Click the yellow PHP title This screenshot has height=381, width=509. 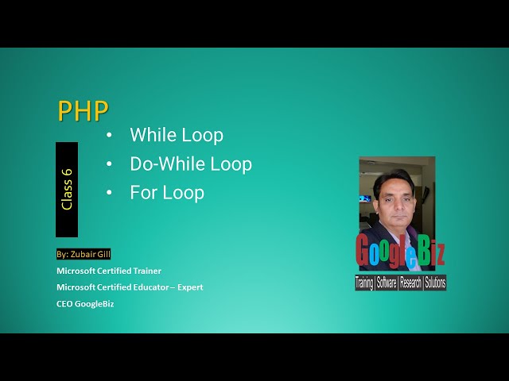click(83, 110)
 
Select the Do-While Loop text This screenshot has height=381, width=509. click(191, 164)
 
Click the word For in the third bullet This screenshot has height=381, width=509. click(144, 193)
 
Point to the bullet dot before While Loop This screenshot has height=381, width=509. click(109, 136)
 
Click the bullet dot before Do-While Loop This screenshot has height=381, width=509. click(109, 165)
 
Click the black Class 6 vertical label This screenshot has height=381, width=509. click(67, 189)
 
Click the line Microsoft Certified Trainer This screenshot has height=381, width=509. click(109, 271)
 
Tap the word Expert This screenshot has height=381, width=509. click(190, 287)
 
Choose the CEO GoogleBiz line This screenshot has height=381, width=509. click(85, 303)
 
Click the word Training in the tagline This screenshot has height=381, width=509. click(365, 283)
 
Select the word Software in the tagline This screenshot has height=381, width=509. click(387, 283)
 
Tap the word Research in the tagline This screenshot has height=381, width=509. click(410, 283)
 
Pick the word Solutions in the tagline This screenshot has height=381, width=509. click(435, 283)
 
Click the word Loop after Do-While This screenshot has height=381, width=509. click(231, 164)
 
